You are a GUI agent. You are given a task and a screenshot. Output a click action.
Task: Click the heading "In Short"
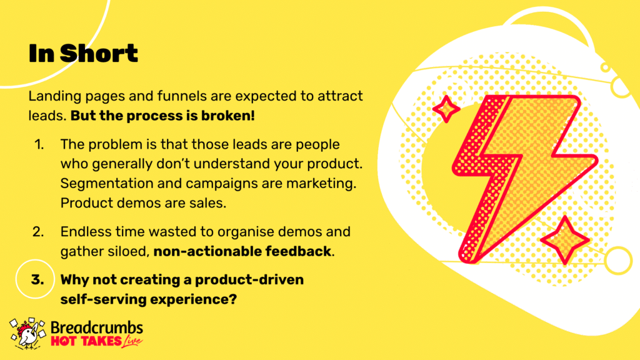click(x=83, y=54)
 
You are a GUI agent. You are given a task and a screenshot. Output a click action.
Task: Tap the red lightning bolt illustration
click(x=524, y=178)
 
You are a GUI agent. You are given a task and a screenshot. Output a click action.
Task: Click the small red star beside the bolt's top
click(x=446, y=109)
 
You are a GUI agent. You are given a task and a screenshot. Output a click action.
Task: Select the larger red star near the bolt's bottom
click(x=565, y=240)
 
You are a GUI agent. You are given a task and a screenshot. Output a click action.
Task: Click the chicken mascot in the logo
click(x=27, y=334)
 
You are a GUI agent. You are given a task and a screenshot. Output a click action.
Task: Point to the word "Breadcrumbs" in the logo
click(x=97, y=327)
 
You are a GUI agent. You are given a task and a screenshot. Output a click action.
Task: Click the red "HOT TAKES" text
click(x=86, y=341)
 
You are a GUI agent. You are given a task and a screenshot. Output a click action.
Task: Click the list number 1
click(x=39, y=144)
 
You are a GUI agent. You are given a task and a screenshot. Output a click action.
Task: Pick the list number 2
click(x=38, y=232)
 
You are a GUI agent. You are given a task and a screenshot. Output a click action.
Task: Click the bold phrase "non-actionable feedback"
click(x=242, y=251)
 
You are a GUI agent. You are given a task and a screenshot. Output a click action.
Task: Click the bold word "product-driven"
click(x=249, y=280)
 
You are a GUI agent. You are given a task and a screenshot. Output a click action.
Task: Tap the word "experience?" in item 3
click(x=194, y=300)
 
